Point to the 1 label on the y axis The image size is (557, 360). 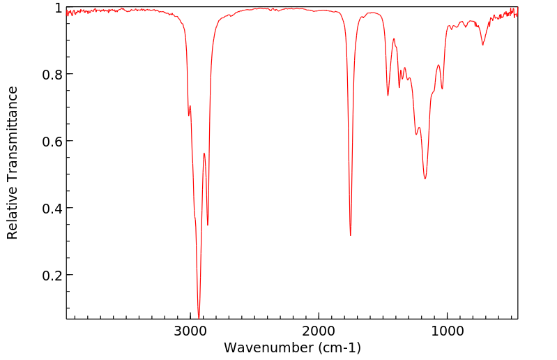(57, 8)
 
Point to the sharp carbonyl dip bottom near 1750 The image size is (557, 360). (351, 235)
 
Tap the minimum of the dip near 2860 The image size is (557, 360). (208, 225)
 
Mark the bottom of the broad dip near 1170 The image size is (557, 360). (425, 179)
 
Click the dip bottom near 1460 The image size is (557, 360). (388, 96)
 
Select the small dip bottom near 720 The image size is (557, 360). (482, 45)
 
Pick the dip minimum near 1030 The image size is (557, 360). (442, 89)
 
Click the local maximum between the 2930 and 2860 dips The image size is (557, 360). (204, 153)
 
